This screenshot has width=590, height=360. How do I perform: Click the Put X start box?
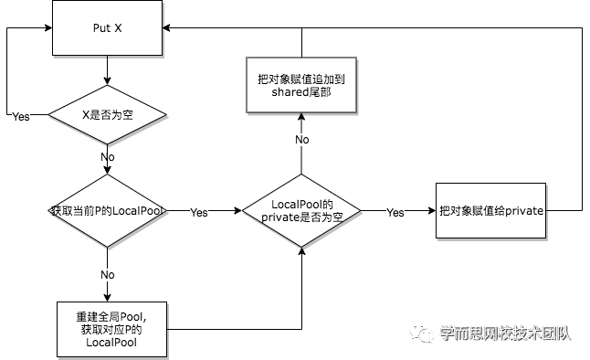tap(107, 28)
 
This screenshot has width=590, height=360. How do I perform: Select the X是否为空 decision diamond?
tap(107, 115)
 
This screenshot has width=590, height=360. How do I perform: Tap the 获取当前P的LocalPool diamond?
tap(107, 211)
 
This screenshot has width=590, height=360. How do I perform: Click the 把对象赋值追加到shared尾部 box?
tap(294, 86)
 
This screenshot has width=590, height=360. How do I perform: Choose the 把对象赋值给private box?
tap(490, 211)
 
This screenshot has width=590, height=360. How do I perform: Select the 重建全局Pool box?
tap(111, 329)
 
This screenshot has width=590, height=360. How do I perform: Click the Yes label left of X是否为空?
tap(20, 117)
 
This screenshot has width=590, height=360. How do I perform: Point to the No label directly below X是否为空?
tap(107, 157)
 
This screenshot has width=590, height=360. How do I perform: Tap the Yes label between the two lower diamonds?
tap(198, 213)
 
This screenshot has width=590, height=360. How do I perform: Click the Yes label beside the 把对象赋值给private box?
tap(395, 213)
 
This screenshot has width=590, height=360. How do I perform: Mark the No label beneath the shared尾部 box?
tap(301, 140)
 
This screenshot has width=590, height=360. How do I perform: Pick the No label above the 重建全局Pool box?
tap(107, 275)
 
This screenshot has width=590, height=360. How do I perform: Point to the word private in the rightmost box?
tap(524, 211)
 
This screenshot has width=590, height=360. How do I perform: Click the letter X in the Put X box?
tap(118, 28)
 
